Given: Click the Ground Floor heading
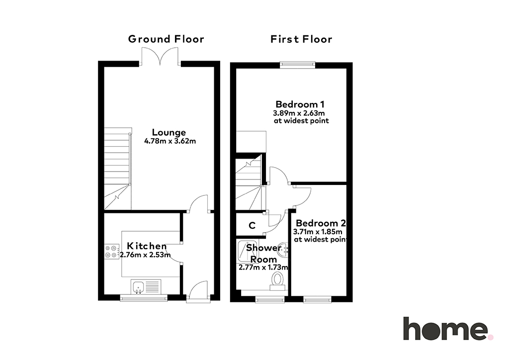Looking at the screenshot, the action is pyautogui.click(x=166, y=39).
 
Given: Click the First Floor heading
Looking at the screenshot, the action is pyautogui.click(x=301, y=39).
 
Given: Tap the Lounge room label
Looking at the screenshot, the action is pyautogui.click(x=169, y=132).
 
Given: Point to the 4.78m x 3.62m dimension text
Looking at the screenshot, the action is pyautogui.click(x=170, y=141).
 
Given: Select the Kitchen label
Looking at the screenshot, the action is pyautogui.click(x=147, y=246).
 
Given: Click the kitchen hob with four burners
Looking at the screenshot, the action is pyautogui.click(x=111, y=252).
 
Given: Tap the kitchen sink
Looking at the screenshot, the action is pyautogui.click(x=138, y=286).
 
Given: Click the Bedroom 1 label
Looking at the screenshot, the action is pyautogui.click(x=300, y=104).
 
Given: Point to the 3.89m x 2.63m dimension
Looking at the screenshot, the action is pyautogui.click(x=299, y=113).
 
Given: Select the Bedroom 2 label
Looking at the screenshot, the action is pyautogui.click(x=321, y=223).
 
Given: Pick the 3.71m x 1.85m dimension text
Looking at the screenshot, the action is pyautogui.click(x=318, y=232).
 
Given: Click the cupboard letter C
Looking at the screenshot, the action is pyautogui.click(x=252, y=225).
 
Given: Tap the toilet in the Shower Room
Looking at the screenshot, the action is pyautogui.click(x=277, y=281).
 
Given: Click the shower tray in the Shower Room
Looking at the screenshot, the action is pyautogui.click(x=248, y=251).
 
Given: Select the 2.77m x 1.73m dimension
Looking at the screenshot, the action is pyautogui.click(x=263, y=268).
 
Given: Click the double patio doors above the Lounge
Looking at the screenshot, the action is pyautogui.click(x=160, y=57).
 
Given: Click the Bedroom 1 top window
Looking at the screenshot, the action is pyautogui.click(x=298, y=65).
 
